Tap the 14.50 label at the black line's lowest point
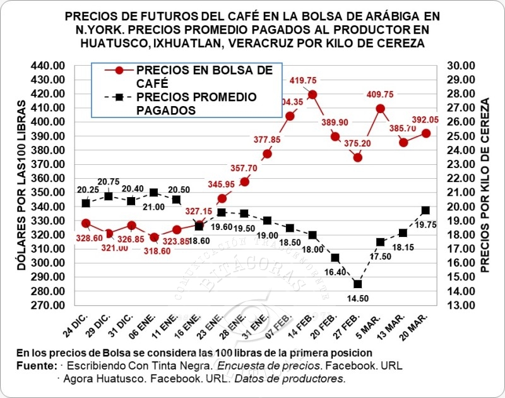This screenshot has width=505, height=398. click(x=357, y=298)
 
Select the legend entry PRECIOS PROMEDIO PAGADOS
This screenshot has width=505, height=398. click(x=196, y=104)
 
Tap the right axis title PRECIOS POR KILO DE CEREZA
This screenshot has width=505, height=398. click(x=485, y=185)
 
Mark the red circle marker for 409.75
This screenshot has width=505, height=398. click(x=381, y=108)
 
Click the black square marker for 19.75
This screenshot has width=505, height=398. click(x=425, y=210)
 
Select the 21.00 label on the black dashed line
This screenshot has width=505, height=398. click(x=153, y=207)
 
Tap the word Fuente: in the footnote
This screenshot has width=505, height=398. click(x=37, y=366)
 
